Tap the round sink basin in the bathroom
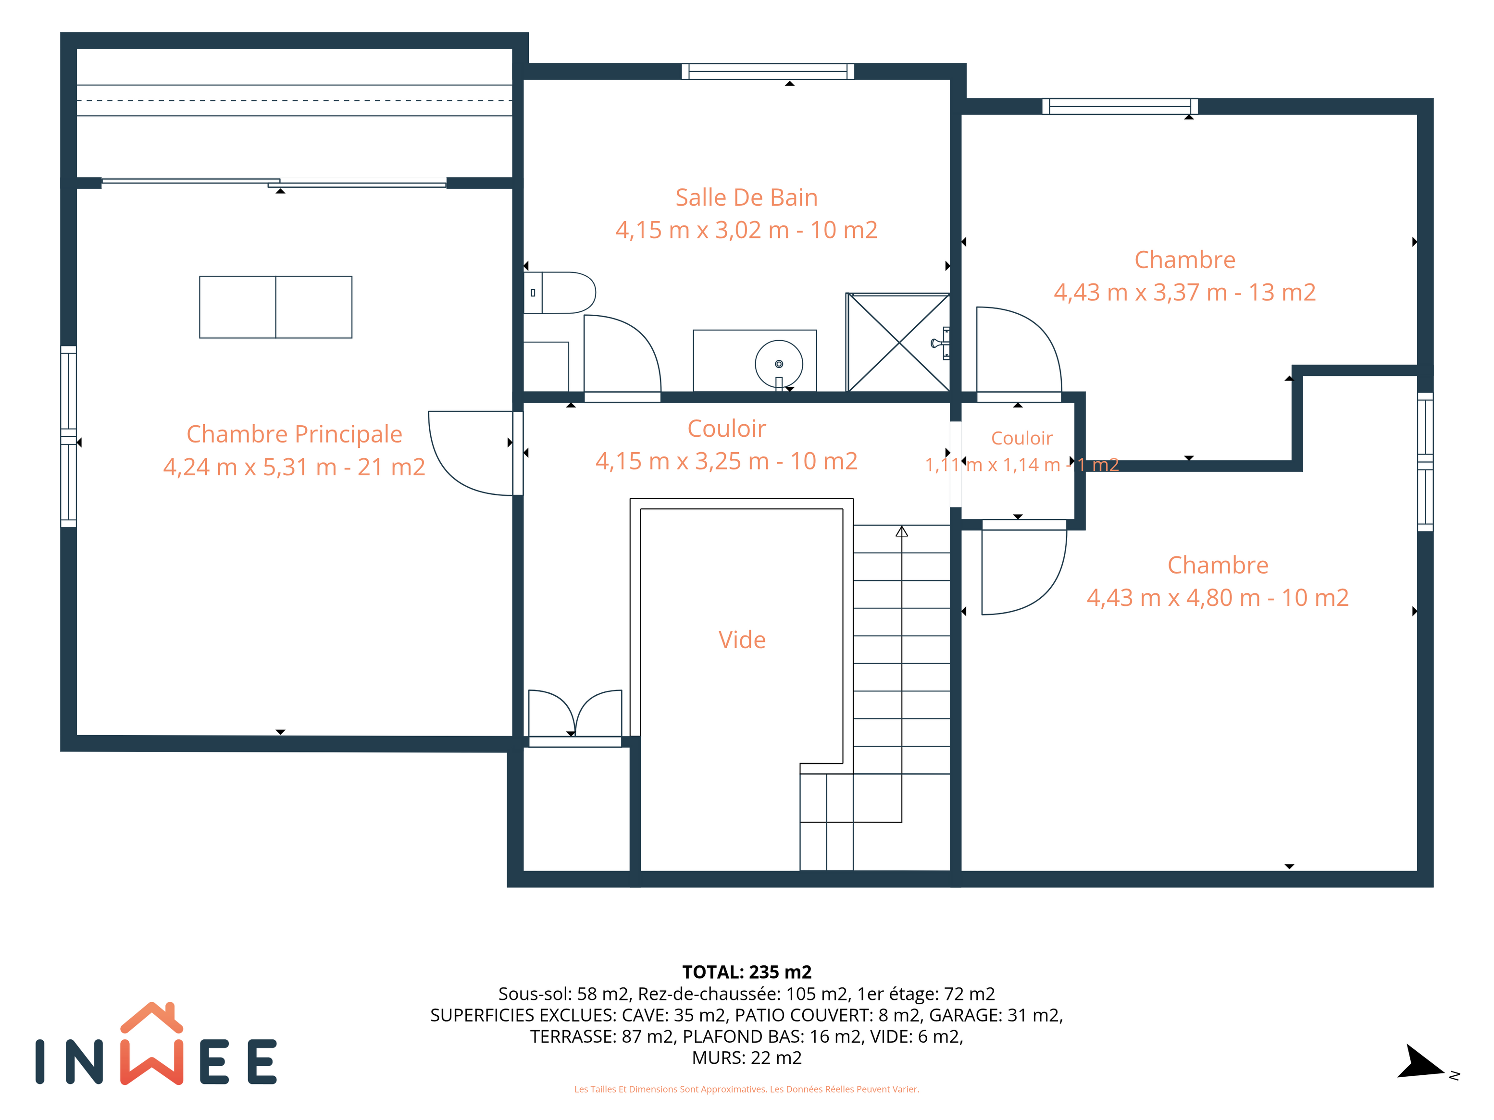click(x=779, y=364)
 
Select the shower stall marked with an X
click(x=898, y=342)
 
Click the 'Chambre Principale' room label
click(x=295, y=434)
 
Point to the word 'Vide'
click(x=742, y=640)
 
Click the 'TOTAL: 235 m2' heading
click(x=747, y=972)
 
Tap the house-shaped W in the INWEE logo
click(x=152, y=1044)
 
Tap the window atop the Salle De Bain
click(x=768, y=72)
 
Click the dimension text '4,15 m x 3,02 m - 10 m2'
click(x=747, y=230)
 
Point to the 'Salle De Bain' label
click(x=747, y=197)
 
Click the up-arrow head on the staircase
click(x=902, y=531)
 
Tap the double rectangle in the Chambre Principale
click(x=275, y=307)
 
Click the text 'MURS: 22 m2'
click(x=747, y=1058)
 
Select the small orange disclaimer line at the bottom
click(x=747, y=1089)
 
